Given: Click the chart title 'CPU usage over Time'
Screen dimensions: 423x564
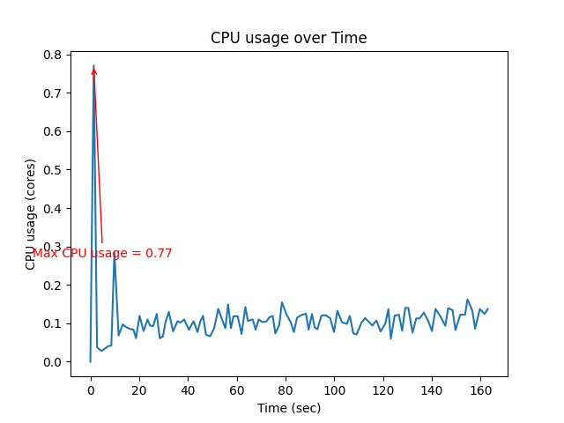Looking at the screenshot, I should tap(288, 38).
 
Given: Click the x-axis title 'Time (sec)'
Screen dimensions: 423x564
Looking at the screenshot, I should tap(288, 408).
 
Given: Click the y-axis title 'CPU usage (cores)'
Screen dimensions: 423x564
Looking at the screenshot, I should tap(31, 214).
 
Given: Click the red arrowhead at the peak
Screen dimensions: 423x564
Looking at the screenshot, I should tap(93, 70).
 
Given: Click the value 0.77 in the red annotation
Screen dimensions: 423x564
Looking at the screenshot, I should tap(159, 254).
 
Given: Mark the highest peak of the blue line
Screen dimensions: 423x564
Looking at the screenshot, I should tap(93, 65).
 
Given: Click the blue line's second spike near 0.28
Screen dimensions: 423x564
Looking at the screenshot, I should tap(115, 255).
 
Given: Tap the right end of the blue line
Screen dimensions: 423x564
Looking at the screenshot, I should tap(487, 309).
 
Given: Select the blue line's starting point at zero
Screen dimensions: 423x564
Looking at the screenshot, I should tap(90, 361).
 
